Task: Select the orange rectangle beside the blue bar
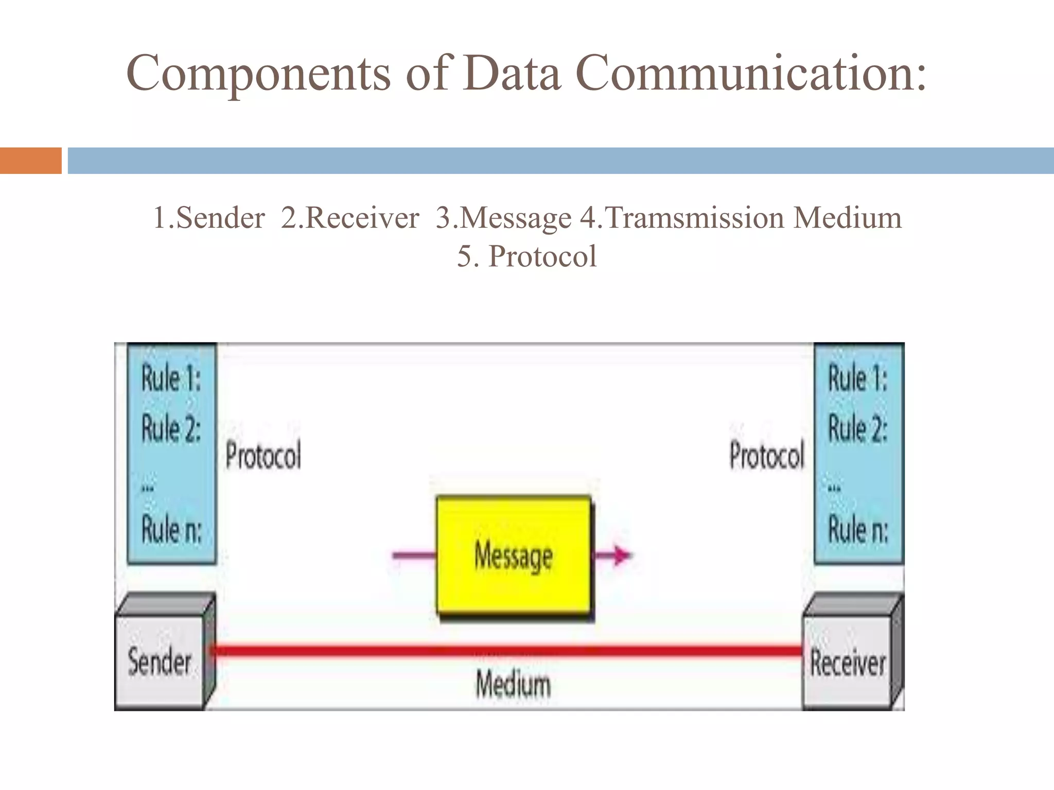click(30, 160)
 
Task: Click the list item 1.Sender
click(209, 218)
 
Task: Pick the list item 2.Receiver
click(350, 218)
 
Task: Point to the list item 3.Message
click(503, 218)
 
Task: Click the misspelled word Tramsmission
click(695, 218)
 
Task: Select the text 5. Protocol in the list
click(527, 257)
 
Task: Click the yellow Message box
click(513, 555)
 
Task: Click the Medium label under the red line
click(513, 685)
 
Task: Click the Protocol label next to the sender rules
click(263, 456)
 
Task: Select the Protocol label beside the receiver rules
click(766, 456)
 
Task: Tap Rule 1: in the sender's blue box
click(171, 379)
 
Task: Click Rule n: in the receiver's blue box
click(858, 529)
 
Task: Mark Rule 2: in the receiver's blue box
click(858, 428)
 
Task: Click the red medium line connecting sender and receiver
click(507, 651)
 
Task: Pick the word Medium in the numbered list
click(847, 218)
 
